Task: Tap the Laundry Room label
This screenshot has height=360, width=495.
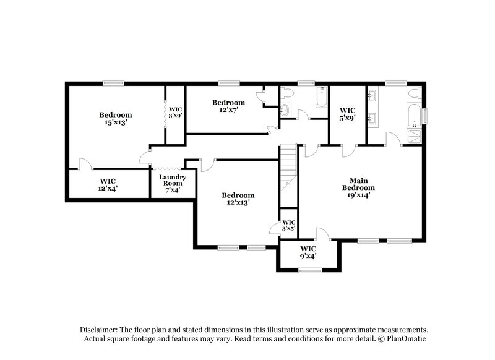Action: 169,184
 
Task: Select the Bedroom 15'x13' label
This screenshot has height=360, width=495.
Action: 116,119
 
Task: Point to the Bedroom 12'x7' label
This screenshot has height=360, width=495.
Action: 228,106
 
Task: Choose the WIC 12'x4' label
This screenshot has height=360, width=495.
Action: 108,186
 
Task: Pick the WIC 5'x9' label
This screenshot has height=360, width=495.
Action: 347,114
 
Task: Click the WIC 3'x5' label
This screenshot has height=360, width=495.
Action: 288,225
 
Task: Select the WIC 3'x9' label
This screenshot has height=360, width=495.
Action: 175,112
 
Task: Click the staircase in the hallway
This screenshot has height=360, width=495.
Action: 288,167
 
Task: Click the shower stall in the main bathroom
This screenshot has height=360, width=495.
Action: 414,135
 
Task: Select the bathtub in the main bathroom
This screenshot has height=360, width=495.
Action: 413,115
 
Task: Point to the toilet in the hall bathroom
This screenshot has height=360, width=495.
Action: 285,93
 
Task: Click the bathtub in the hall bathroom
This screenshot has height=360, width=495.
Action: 320,98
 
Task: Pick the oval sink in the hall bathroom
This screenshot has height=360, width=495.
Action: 285,111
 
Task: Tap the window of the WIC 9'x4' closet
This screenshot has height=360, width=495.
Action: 308,270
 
